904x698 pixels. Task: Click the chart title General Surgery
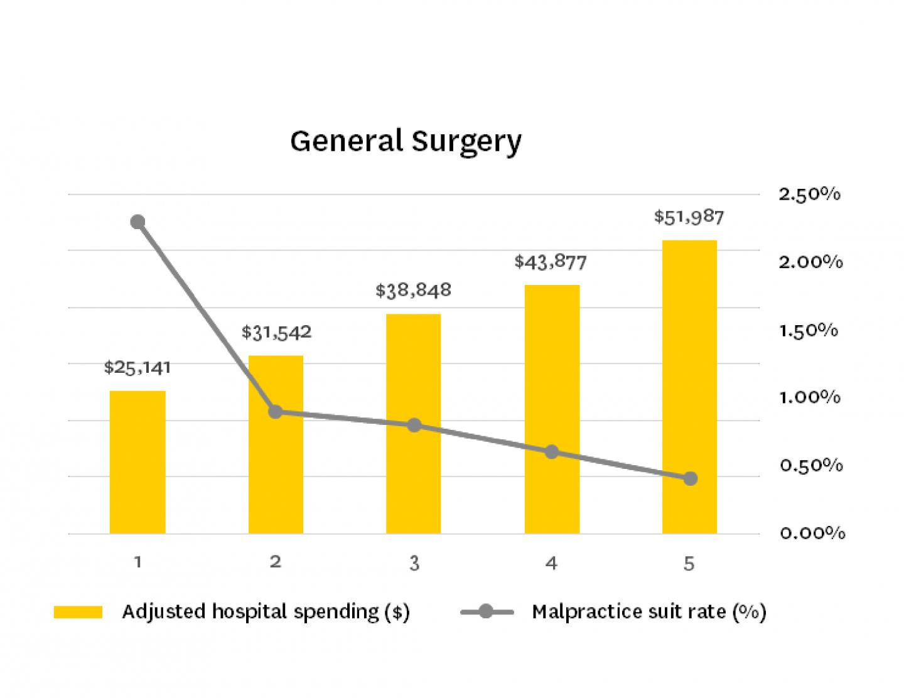(x=406, y=141)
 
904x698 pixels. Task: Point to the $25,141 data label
(x=137, y=367)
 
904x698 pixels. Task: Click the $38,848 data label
(x=413, y=290)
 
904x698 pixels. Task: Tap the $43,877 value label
(x=551, y=261)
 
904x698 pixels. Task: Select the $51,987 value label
(x=689, y=217)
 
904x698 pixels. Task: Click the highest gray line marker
(x=137, y=222)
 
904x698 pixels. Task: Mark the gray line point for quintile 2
(x=276, y=412)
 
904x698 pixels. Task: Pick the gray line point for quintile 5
(x=690, y=478)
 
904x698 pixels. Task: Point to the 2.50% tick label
(x=809, y=195)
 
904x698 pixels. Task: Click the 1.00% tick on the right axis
(x=809, y=397)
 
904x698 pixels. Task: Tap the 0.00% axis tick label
(x=812, y=533)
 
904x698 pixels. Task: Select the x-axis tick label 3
(x=414, y=563)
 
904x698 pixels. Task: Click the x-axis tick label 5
(x=689, y=563)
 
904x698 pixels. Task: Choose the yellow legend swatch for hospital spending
(x=78, y=612)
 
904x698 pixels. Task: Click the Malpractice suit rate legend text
(x=649, y=611)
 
